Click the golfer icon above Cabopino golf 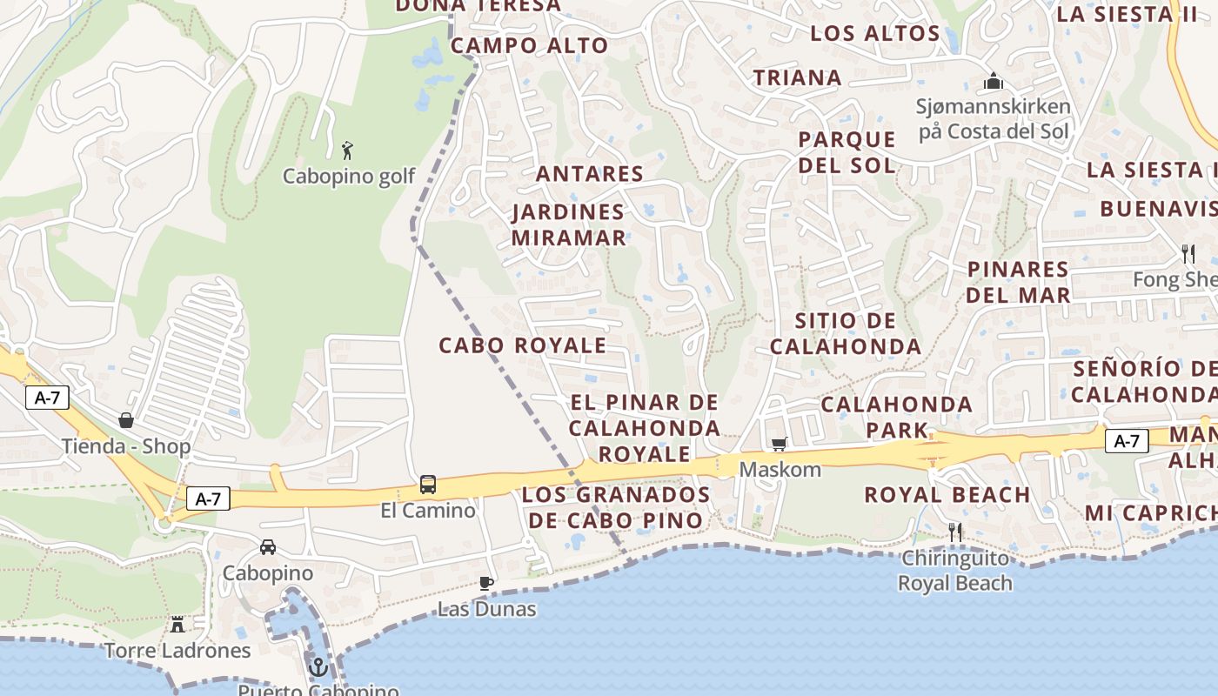(348, 150)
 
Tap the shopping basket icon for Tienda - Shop (126, 420)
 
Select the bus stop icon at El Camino (428, 485)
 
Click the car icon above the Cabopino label (268, 547)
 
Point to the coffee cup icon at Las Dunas (486, 583)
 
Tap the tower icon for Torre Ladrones (177, 624)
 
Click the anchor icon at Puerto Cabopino (318, 667)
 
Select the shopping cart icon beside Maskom (779, 445)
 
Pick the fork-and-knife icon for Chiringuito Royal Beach (955, 532)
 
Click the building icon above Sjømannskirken (994, 82)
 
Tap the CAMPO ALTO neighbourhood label (529, 46)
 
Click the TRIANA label (798, 77)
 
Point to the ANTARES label (590, 173)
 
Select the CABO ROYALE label (522, 345)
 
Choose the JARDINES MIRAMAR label (568, 224)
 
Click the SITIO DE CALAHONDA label (845, 333)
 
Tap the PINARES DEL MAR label (1018, 282)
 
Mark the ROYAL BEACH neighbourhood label (947, 495)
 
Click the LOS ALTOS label (875, 34)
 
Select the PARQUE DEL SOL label (847, 151)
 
